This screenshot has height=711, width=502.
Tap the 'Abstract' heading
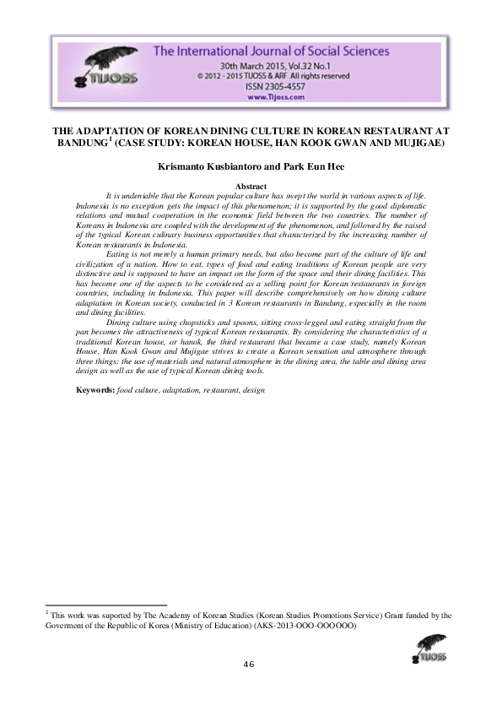(251, 186)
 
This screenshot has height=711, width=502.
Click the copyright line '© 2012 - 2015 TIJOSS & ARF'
(245, 74)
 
